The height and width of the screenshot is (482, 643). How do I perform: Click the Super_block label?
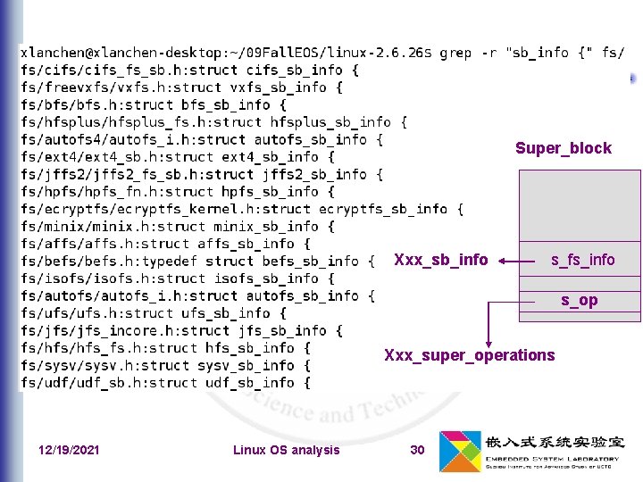(563, 148)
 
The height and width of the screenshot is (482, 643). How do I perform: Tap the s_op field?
(580, 300)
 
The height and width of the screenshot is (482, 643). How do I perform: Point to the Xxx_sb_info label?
(441, 260)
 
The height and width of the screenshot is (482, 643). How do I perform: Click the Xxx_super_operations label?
(469, 355)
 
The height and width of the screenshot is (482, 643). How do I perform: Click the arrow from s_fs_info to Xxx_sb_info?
(523, 261)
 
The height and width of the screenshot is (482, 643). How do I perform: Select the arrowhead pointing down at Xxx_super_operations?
(488, 341)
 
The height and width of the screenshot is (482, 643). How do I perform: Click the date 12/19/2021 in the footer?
(70, 450)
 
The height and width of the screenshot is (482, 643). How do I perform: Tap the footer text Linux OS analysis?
(286, 450)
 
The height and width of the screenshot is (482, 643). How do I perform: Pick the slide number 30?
(417, 450)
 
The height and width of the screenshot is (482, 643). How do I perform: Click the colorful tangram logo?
(460, 452)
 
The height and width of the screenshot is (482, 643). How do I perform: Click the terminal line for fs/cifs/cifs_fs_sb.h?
(189, 70)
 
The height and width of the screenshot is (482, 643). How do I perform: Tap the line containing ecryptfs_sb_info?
(241, 208)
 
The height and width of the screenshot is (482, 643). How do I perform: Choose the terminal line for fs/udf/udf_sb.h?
(165, 382)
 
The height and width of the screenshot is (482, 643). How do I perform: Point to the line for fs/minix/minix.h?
(178, 226)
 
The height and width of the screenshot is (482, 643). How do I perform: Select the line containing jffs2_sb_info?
(202, 174)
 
